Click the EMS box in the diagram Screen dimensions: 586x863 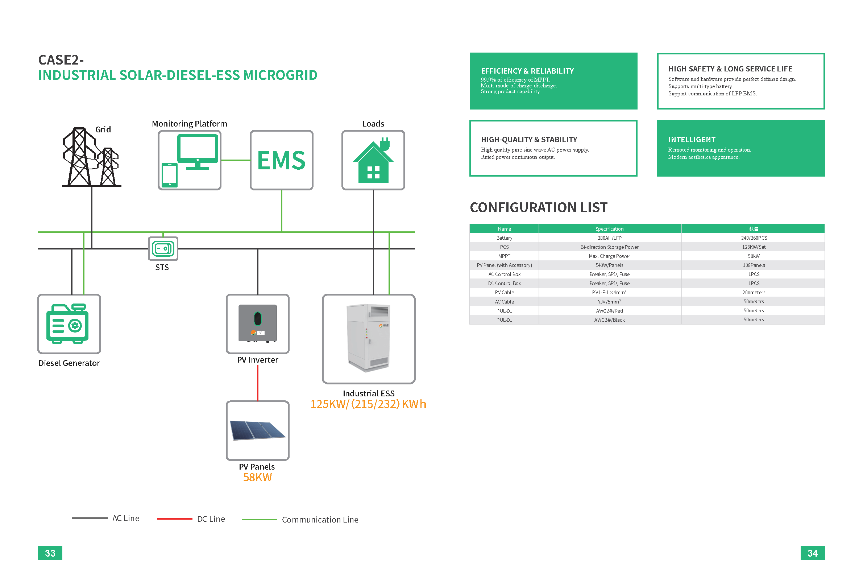click(x=282, y=160)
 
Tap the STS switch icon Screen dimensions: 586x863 click(x=163, y=249)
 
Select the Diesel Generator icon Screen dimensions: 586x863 click(x=67, y=324)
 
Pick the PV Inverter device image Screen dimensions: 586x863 click(x=258, y=323)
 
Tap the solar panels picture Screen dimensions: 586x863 click(x=257, y=430)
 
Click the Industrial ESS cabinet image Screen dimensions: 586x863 click(x=368, y=338)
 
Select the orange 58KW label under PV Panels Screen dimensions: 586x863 click(x=257, y=478)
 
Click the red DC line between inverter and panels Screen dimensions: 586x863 click(x=258, y=383)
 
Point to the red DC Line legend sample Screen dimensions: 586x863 click(x=175, y=519)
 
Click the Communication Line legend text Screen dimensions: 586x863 click(x=320, y=520)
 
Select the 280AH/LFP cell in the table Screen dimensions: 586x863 click(x=609, y=238)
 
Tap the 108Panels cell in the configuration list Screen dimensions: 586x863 click(x=754, y=265)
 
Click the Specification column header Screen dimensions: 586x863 click(x=609, y=229)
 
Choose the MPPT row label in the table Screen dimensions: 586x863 click(x=504, y=256)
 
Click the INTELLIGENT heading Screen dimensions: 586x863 click(x=692, y=140)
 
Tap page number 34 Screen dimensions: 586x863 click(x=812, y=553)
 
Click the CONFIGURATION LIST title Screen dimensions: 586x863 click(x=539, y=207)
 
